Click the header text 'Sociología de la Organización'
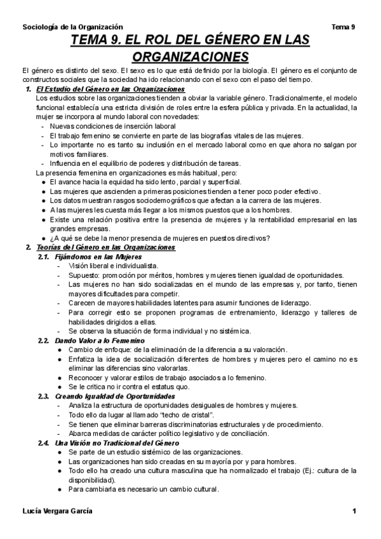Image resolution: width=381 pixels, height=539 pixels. click(72, 27)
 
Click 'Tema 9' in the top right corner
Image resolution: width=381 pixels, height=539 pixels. click(344, 27)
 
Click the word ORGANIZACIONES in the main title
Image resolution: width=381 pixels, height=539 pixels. click(190, 56)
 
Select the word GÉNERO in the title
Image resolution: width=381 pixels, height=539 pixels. click(204, 41)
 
